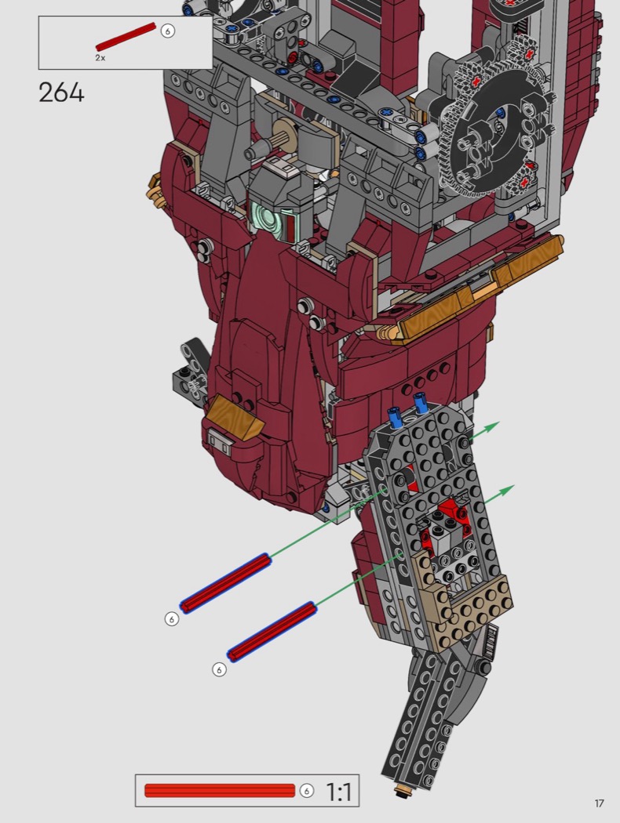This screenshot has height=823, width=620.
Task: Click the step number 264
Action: [61, 93]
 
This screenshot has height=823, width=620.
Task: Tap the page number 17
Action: [599, 803]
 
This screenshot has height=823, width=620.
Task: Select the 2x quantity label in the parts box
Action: [100, 58]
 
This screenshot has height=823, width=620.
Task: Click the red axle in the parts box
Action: [126, 36]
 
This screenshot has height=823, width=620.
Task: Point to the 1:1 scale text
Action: [339, 792]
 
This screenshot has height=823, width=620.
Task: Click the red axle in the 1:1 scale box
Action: [220, 790]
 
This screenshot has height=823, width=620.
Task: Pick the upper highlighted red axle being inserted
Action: [225, 583]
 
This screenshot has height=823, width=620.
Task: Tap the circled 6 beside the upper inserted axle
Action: [171, 619]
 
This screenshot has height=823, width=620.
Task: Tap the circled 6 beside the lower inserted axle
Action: [219, 669]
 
